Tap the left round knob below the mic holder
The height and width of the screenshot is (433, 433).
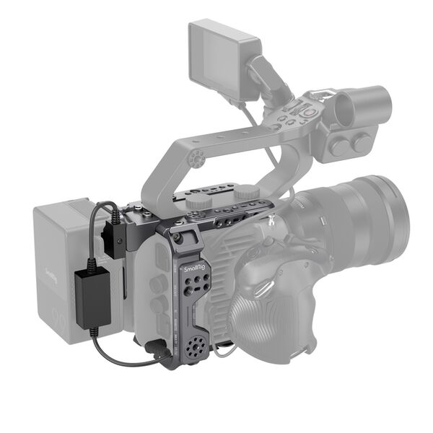click(x=340, y=146)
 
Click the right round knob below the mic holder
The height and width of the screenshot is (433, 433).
click(x=361, y=142)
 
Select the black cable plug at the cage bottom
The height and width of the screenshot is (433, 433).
click(x=154, y=353)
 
